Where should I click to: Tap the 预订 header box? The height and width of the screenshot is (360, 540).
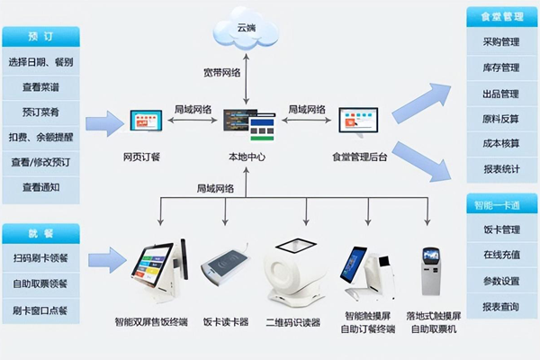click(40, 37)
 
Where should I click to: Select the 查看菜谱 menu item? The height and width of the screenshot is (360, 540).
click(40, 88)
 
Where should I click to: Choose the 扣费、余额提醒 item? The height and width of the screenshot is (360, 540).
click(40, 138)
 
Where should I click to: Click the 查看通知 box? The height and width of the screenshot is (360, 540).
click(40, 188)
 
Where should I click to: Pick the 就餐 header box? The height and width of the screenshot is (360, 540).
click(40, 233)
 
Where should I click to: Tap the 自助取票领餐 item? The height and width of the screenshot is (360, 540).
click(40, 283)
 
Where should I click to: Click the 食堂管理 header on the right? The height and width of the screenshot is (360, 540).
click(501, 17)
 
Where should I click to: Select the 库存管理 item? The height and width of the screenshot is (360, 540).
click(501, 67)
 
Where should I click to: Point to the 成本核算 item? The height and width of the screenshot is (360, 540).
click(501, 143)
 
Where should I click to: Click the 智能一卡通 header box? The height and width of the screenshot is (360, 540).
click(501, 204)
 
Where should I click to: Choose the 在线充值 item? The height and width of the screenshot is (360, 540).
click(501, 255)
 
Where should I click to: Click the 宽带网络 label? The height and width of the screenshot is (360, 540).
click(219, 72)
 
